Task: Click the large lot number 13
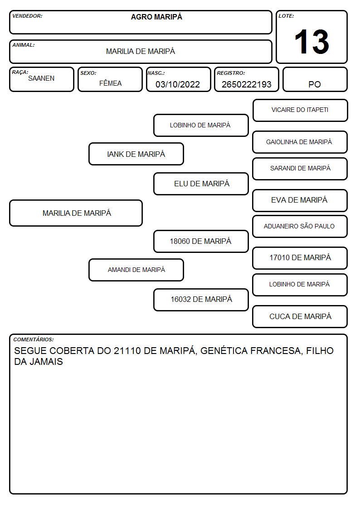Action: coord(311,42)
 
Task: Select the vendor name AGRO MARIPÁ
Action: coord(156,17)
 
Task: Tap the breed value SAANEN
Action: coord(41,78)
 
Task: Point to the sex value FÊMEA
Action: coord(110,83)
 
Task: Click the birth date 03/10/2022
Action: coord(178,84)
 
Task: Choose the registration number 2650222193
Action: coord(246,84)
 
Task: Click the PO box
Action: coord(315,79)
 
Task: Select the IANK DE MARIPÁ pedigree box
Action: coord(136,154)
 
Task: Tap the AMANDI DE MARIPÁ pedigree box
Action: coord(136,270)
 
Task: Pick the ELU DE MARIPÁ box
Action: coord(201,184)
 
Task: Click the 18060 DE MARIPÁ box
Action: coord(201,241)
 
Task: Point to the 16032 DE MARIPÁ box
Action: coord(201,300)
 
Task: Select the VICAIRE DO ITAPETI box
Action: coord(300,111)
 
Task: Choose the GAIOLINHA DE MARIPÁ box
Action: coord(300,142)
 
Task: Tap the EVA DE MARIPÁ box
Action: coord(300,200)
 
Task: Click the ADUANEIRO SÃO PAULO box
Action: coord(300,226)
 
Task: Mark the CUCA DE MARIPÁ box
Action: coord(300,316)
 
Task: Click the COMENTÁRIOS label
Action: coord(34,339)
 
